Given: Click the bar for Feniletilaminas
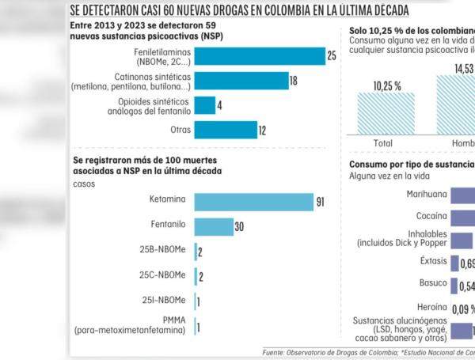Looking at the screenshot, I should (259, 56).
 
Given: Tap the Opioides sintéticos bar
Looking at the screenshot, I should (204, 105).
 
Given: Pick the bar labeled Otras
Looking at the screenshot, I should (226, 130).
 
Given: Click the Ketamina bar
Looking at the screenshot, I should (253, 203).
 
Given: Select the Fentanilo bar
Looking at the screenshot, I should (213, 227).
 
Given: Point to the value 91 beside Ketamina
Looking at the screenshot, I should (321, 203).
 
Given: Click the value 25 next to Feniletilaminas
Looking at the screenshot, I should (332, 56).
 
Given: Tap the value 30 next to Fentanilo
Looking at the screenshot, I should (239, 228).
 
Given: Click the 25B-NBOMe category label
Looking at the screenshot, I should (163, 251).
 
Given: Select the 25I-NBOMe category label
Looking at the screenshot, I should (164, 300).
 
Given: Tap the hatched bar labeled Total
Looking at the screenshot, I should (385, 115).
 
